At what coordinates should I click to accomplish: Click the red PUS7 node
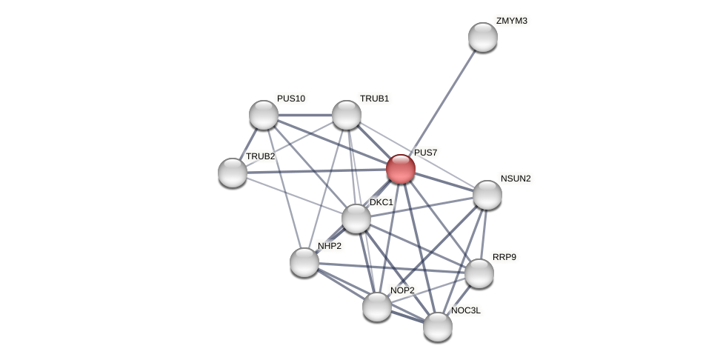(x=401, y=169)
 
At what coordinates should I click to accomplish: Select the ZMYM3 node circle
(x=483, y=37)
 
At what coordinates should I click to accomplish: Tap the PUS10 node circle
(x=264, y=115)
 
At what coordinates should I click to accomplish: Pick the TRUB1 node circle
(x=347, y=115)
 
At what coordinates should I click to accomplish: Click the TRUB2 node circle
(x=233, y=173)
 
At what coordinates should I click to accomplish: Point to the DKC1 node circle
(x=356, y=219)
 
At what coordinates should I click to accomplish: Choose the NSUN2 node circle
(x=487, y=195)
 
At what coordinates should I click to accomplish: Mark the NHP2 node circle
(x=304, y=262)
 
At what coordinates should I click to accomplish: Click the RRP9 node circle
(x=479, y=273)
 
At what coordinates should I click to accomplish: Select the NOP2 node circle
(x=377, y=307)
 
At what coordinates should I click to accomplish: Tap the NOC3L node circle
(x=438, y=327)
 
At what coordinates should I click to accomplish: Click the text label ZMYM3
(x=512, y=21)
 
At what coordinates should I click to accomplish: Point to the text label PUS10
(x=291, y=99)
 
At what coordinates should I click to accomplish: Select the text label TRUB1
(x=375, y=99)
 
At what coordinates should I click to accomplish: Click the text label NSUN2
(x=516, y=179)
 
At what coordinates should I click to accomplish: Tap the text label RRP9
(x=504, y=257)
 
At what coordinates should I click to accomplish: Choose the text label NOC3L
(x=466, y=310)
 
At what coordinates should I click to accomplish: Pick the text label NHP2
(x=330, y=246)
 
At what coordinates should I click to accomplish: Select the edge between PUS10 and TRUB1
(x=305, y=115)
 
